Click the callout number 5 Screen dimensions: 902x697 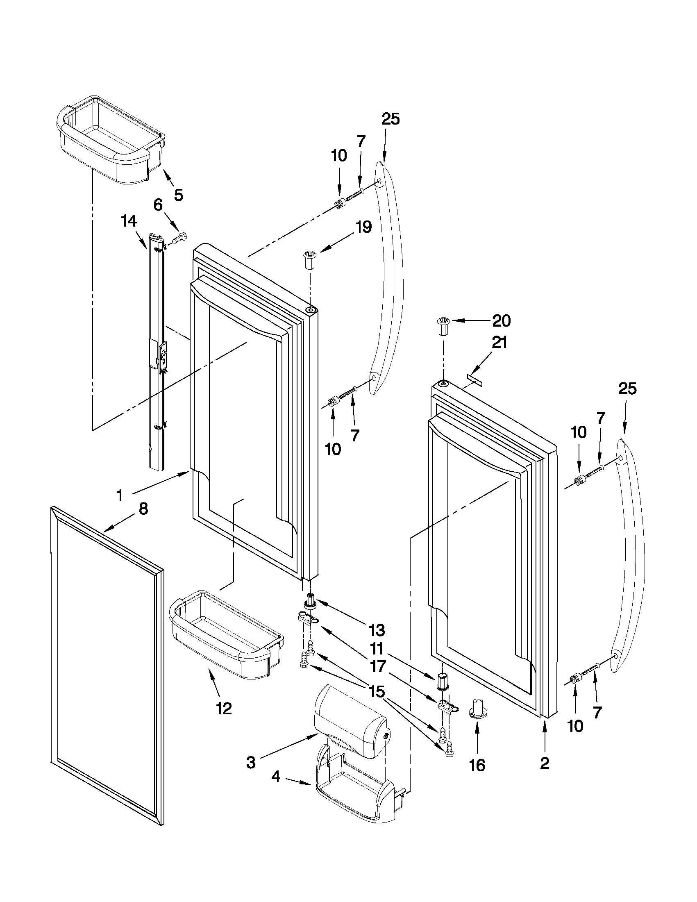178,195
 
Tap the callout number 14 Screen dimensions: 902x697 129,222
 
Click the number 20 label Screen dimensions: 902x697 501,320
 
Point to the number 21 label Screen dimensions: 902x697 499,342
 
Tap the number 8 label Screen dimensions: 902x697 143,509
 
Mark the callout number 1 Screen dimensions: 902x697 119,495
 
